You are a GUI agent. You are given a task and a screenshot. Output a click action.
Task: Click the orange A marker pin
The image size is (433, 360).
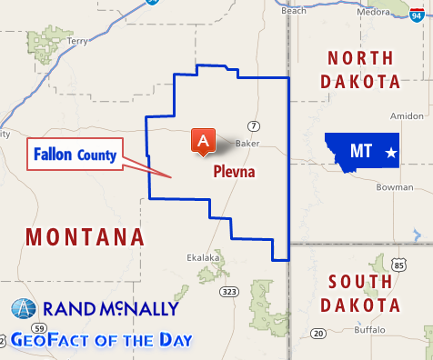pos(203,140)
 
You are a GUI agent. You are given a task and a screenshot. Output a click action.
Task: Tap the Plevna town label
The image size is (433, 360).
pos(234,170)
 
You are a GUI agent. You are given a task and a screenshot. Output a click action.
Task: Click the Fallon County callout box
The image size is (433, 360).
pos(76,155)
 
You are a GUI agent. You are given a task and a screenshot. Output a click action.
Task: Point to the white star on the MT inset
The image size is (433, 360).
pos(390,152)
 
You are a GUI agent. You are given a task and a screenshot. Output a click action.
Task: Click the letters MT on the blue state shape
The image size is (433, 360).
pos(360,151)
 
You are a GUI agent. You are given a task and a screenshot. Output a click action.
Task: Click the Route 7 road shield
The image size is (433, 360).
pos(254,125)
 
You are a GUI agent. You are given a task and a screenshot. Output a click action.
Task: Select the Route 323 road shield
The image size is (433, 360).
pos(228,291)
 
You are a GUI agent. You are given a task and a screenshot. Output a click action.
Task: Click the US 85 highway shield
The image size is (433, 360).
pos(399,265)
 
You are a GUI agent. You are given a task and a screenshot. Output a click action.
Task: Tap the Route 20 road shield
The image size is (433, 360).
pos(317,333)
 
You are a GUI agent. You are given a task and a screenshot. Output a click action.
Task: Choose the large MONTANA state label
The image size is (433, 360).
pos(85,237)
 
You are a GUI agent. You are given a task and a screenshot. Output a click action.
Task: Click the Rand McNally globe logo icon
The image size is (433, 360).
pos(23,309)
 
